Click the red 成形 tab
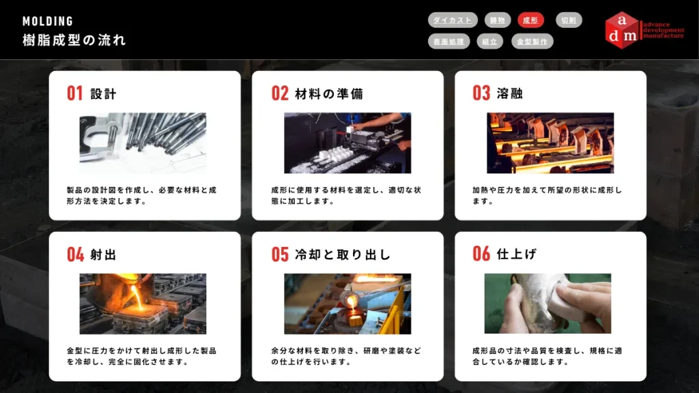click(530, 20)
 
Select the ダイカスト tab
click(453, 20)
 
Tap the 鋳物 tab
click(498, 20)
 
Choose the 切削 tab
click(569, 20)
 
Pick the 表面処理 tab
click(449, 42)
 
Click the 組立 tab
click(490, 42)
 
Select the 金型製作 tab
click(532, 42)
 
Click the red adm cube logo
click(622, 30)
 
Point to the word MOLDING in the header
click(48, 21)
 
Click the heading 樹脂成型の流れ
click(74, 40)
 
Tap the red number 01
click(75, 93)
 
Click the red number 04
click(75, 254)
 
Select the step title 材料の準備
click(329, 93)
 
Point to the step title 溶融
click(509, 93)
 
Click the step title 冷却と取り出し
click(343, 254)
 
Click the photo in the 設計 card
click(143, 143)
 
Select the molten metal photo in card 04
click(143, 304)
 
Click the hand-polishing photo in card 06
click(548, 304)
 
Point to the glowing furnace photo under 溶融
click(550, 143)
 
